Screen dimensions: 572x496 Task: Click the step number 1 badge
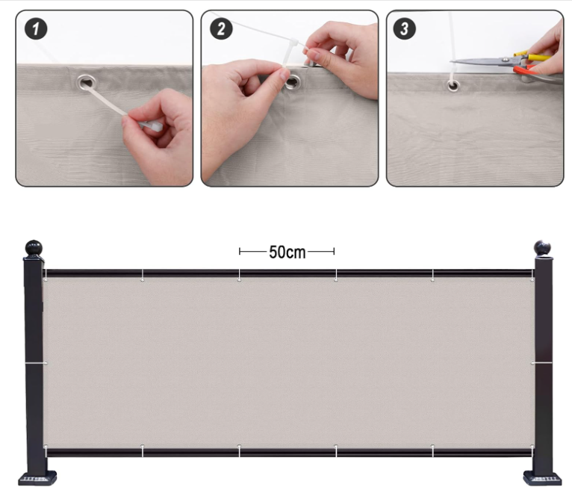point(36,29)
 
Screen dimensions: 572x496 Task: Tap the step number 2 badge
point(221,29)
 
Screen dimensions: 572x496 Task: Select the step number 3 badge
point(404,29)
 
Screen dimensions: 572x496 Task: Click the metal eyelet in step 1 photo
point(87,83)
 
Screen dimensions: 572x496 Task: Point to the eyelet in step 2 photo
point(292,82)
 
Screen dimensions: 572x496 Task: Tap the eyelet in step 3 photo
point(453,86)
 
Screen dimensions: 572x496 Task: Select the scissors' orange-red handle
point(525,69)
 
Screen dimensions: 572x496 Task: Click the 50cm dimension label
point(287,252)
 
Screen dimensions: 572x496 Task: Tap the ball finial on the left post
point(34,248)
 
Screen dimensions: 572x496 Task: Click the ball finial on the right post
point(542,248)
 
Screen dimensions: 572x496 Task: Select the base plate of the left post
point(37,478)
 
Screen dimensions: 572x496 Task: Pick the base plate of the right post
point(542,478)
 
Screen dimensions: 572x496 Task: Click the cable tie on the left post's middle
point(36,363)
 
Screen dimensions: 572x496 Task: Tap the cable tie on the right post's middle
point(541,363)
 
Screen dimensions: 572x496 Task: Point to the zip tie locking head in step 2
point(293,44)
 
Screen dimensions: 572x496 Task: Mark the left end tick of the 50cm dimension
point(240,251)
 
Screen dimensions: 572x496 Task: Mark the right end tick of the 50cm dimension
point(334,251)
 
